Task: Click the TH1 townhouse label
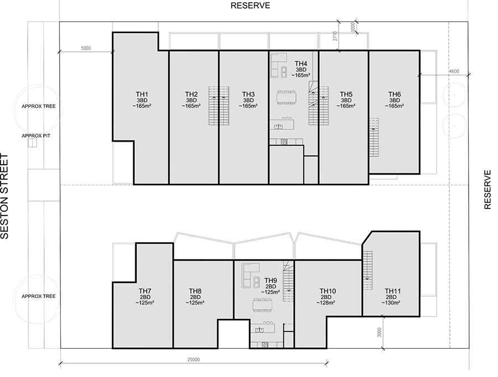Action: pyautogui.click(x=142, y=94)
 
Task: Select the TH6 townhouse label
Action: pyautogui.click(x=395, y=94)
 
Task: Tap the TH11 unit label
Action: pyautogui.click(x=392, y=291)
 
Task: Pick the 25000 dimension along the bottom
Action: pyautogui.click(x=194, y=359)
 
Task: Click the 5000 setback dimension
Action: pyautogui.click(x=86, y=48)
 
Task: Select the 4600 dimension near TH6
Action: pyautogui.click(x=454, y=71)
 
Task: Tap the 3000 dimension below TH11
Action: pyautogui.click(x=380, y=332)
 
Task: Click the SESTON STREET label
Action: pyautogui.click(x=4, y=196)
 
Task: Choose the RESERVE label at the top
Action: pyautogui.click(x=250, y=6)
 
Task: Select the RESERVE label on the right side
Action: pyautogui.click(x=487, y=190)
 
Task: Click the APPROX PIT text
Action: pyautogui.click(x=36, y=136)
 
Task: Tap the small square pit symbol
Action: pyautogui.click(x=33, y=143)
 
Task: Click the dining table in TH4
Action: pyautogui.click(x=287, y=97)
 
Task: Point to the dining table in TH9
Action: pyautogui.click(x=263, y=305)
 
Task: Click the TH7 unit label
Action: pyautogui.click(x=145, y=291)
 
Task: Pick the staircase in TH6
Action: pyautogui.click(x=374, y=138)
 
